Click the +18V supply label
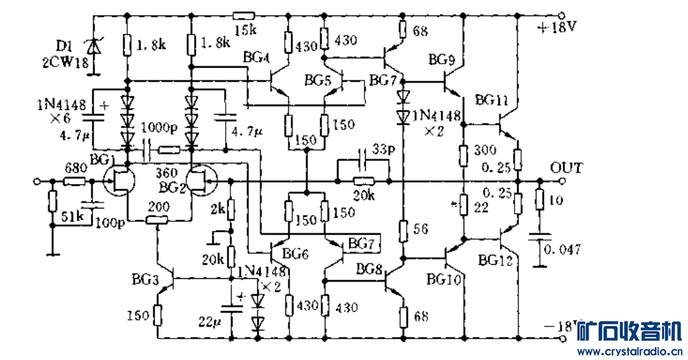[555, 29]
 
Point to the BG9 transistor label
[442, 60]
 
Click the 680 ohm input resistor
[75, 182]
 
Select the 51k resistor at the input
[52, 201]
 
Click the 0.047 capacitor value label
[563, 249]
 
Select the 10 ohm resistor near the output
[540, 199]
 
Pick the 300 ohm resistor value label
[483, 149]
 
